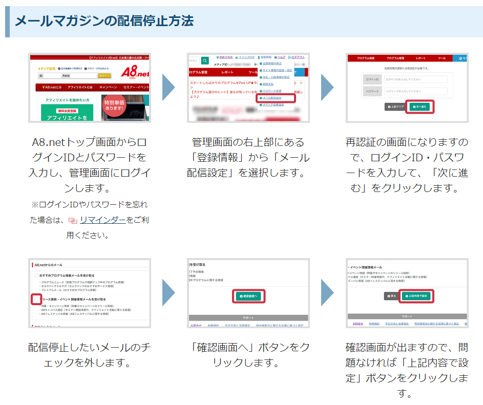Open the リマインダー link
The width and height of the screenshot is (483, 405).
click(102, 220)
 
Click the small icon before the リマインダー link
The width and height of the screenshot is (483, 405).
click(73, 221)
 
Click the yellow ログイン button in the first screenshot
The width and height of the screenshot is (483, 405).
click(104, 76)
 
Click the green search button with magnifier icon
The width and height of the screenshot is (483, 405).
click(205, 60)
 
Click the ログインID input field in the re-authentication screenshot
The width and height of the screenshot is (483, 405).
click(415, 79)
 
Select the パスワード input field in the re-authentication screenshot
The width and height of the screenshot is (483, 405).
click(415, 92)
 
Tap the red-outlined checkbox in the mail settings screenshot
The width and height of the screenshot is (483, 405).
click(35, 299)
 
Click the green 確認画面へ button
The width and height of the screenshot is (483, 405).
click(248, 296)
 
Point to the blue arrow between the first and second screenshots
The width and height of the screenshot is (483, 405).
click(169, 87)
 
